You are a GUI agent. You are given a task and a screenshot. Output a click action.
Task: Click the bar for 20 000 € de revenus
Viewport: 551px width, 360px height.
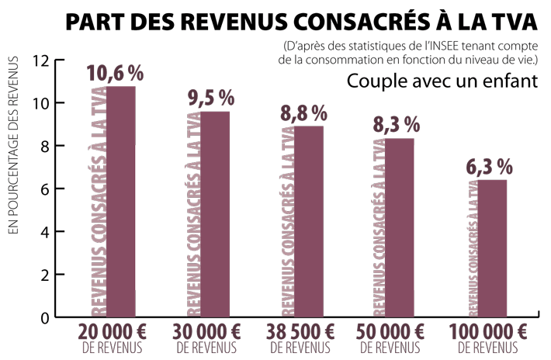tap(120, 202)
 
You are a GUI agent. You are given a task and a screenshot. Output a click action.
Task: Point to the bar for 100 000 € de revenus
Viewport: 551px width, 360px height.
tap(491, 248)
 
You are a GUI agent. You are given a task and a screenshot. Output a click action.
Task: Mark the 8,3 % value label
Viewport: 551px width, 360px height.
tap(397, 124)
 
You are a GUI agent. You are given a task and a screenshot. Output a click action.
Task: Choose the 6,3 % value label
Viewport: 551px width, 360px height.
tap(490, 166)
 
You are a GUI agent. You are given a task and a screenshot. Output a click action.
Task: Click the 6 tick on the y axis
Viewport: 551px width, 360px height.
tap(45, 189)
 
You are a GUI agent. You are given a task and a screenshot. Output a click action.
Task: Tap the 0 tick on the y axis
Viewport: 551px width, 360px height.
tap(45, 318)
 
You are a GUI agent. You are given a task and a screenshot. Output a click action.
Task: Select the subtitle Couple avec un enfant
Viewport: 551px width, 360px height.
tap(442, 81)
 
